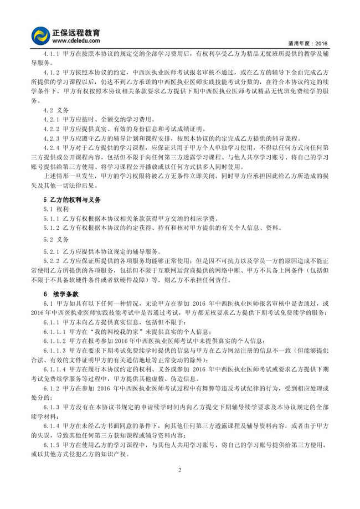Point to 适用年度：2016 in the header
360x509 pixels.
308,42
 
